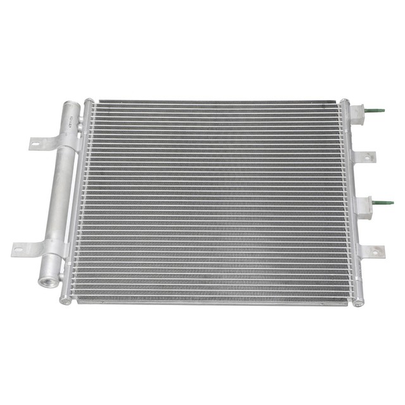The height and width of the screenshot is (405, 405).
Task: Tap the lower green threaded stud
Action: (383, 203)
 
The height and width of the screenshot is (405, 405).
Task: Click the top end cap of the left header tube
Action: (89, 101)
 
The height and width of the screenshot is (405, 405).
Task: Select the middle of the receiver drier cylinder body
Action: (58, 190)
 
